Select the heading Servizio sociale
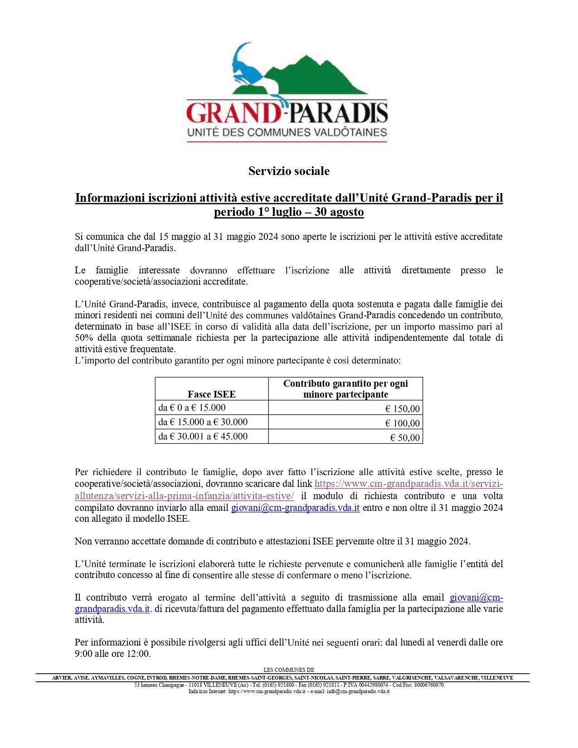(x=289, y=171)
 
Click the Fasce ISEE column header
(x=212, y=394)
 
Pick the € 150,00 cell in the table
(x=402, y=408)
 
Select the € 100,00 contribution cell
(x=402, y=423)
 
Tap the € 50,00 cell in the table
(x=405, y=437)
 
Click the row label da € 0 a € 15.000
(x=192, y=408)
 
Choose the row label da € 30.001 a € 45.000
(x=203, y=436)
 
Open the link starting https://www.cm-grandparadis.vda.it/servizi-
(x=408, y=484)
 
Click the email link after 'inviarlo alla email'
(x=295, y=508)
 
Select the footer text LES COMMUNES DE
(x=289, y=670)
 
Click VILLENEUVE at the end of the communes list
(x=497, y=678)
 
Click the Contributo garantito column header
(x=345, y=389)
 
